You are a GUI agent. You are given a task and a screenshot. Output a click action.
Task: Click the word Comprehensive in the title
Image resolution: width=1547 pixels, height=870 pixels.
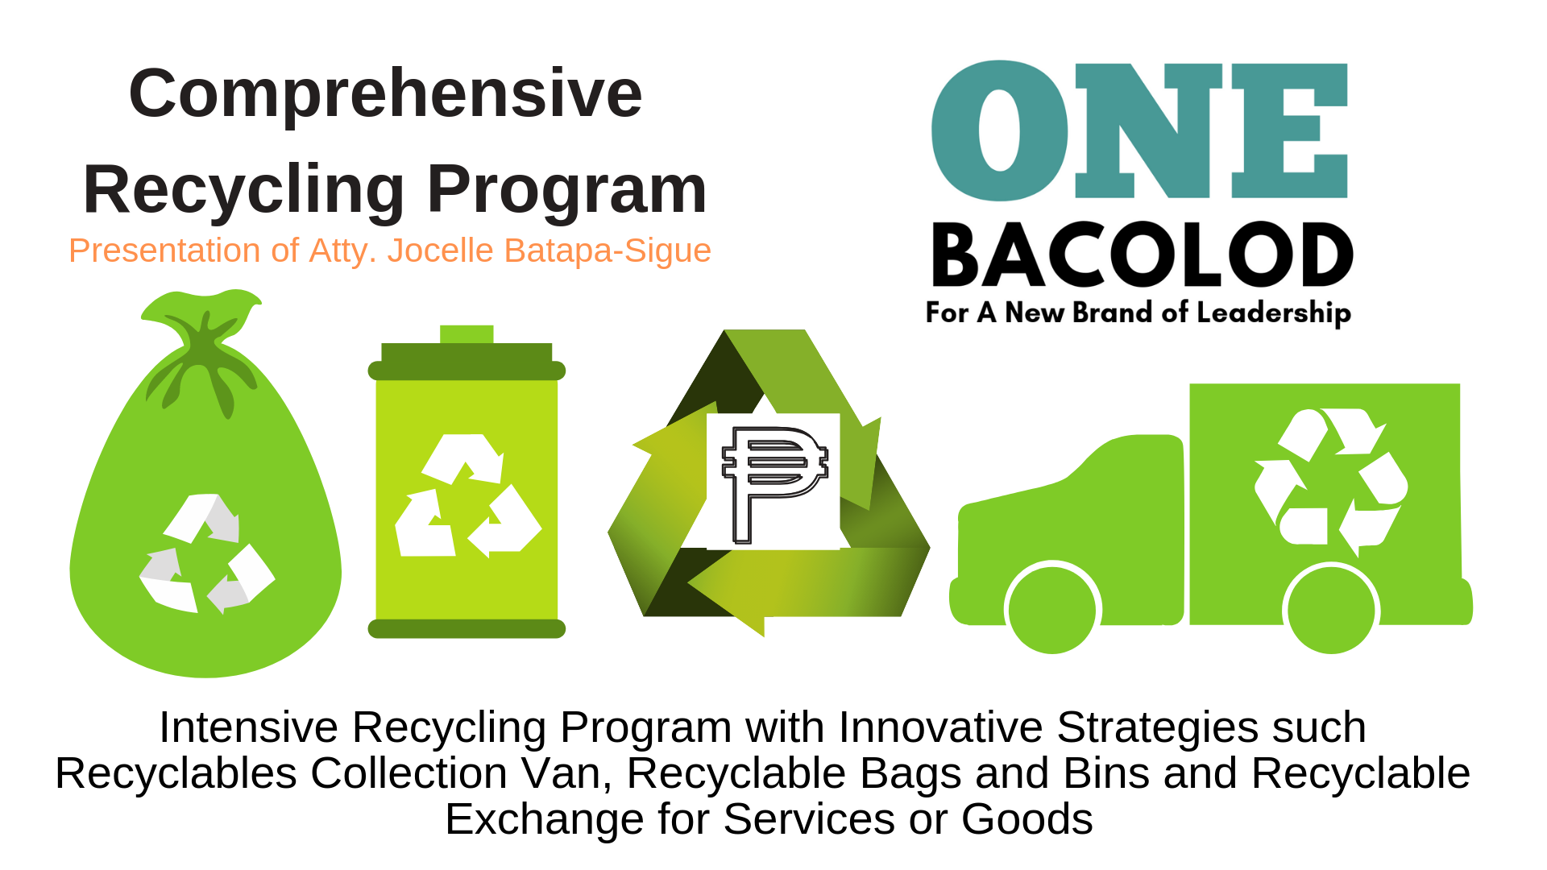point(385,93)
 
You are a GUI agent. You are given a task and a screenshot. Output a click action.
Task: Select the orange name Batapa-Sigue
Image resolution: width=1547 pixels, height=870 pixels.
point(608,251)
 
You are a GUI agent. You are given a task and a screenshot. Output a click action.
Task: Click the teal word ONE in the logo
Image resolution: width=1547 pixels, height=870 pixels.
point(1139,130)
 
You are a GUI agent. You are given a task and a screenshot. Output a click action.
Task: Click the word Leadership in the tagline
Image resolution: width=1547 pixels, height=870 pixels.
point(1274,313)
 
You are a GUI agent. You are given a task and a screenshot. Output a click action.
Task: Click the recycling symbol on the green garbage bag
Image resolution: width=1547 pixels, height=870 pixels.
point(207,553)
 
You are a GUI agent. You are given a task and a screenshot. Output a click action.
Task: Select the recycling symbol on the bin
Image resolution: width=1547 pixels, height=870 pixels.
point(468,496)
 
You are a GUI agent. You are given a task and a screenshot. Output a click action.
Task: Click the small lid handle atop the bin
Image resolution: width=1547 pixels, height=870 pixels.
point(467,334)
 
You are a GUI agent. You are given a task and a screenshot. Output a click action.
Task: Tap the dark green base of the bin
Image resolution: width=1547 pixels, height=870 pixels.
point(467,629)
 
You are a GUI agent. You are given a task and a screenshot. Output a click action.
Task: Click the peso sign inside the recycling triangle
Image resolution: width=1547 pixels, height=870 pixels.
point(774,484)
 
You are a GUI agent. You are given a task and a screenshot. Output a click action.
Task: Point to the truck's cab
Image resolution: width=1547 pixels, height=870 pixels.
point(1072,516)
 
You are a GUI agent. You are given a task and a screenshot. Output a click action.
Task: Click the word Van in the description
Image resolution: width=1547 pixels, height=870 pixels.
point(566,773)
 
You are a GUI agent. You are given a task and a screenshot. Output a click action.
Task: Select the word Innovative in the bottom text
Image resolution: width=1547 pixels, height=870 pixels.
point(940,727)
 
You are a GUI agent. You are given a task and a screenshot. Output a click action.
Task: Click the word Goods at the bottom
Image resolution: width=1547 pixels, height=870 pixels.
point(1026,819)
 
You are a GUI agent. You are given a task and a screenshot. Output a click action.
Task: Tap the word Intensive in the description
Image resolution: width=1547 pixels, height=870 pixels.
point(248,727)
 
